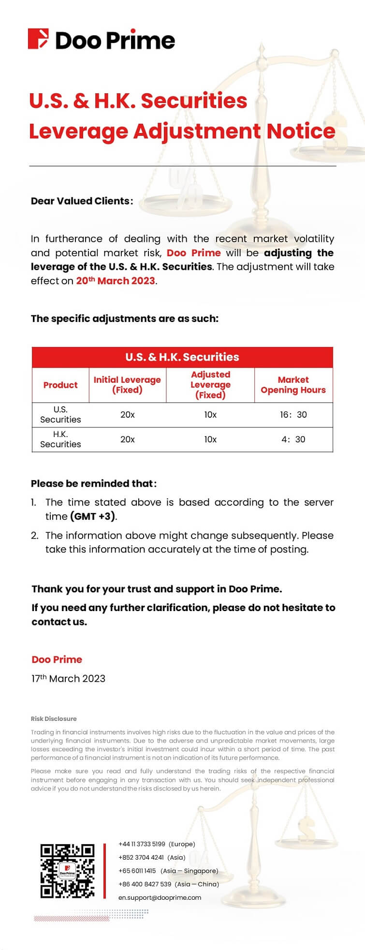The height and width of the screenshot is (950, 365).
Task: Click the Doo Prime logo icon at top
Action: (x=39, y=39)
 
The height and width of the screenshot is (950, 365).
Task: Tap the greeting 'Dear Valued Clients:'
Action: (x=82, y=201)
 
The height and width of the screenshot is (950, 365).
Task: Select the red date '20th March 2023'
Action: (x=116, y=281)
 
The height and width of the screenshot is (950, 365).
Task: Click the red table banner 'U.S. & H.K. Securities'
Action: (x=182, y=357)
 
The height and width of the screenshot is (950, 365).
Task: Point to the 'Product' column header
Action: (x=60, y=385)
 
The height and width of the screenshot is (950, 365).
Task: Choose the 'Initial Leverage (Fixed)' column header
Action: (x=127, y=385)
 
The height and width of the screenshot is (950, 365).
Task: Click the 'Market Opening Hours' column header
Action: (x=293, y=385)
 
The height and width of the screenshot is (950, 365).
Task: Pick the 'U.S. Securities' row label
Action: (x=60, y=415)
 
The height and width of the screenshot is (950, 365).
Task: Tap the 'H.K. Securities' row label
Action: (x=60, y=439)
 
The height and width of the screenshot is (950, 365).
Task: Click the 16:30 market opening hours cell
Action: (x=293, y=415)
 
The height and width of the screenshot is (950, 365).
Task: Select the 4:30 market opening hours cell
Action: (x=293, y=439)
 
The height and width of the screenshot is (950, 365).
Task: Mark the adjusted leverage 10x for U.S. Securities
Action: (x=210, y=415)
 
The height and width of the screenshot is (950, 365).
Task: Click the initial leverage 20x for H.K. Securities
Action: (x=127, y=439)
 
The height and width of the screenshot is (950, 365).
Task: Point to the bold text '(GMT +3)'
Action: (x=93, y=516)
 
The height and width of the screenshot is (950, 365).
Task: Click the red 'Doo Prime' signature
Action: (x=57, y=659)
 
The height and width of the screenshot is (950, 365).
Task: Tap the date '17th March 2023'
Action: (x=68, y=678)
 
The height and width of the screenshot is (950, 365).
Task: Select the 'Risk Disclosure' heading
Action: (x=54, y=719)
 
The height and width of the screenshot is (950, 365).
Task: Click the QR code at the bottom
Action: (x=67, y=871)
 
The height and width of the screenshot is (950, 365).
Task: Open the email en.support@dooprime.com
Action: (x=160, y=897)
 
